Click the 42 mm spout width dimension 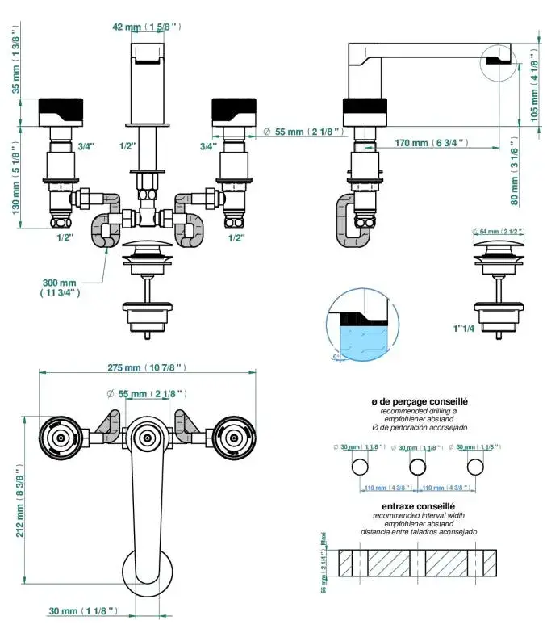146,27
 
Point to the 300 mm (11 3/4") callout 60,287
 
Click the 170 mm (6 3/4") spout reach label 432,143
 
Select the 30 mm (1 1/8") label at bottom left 86,611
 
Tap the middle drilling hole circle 417,467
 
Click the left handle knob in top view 60,438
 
